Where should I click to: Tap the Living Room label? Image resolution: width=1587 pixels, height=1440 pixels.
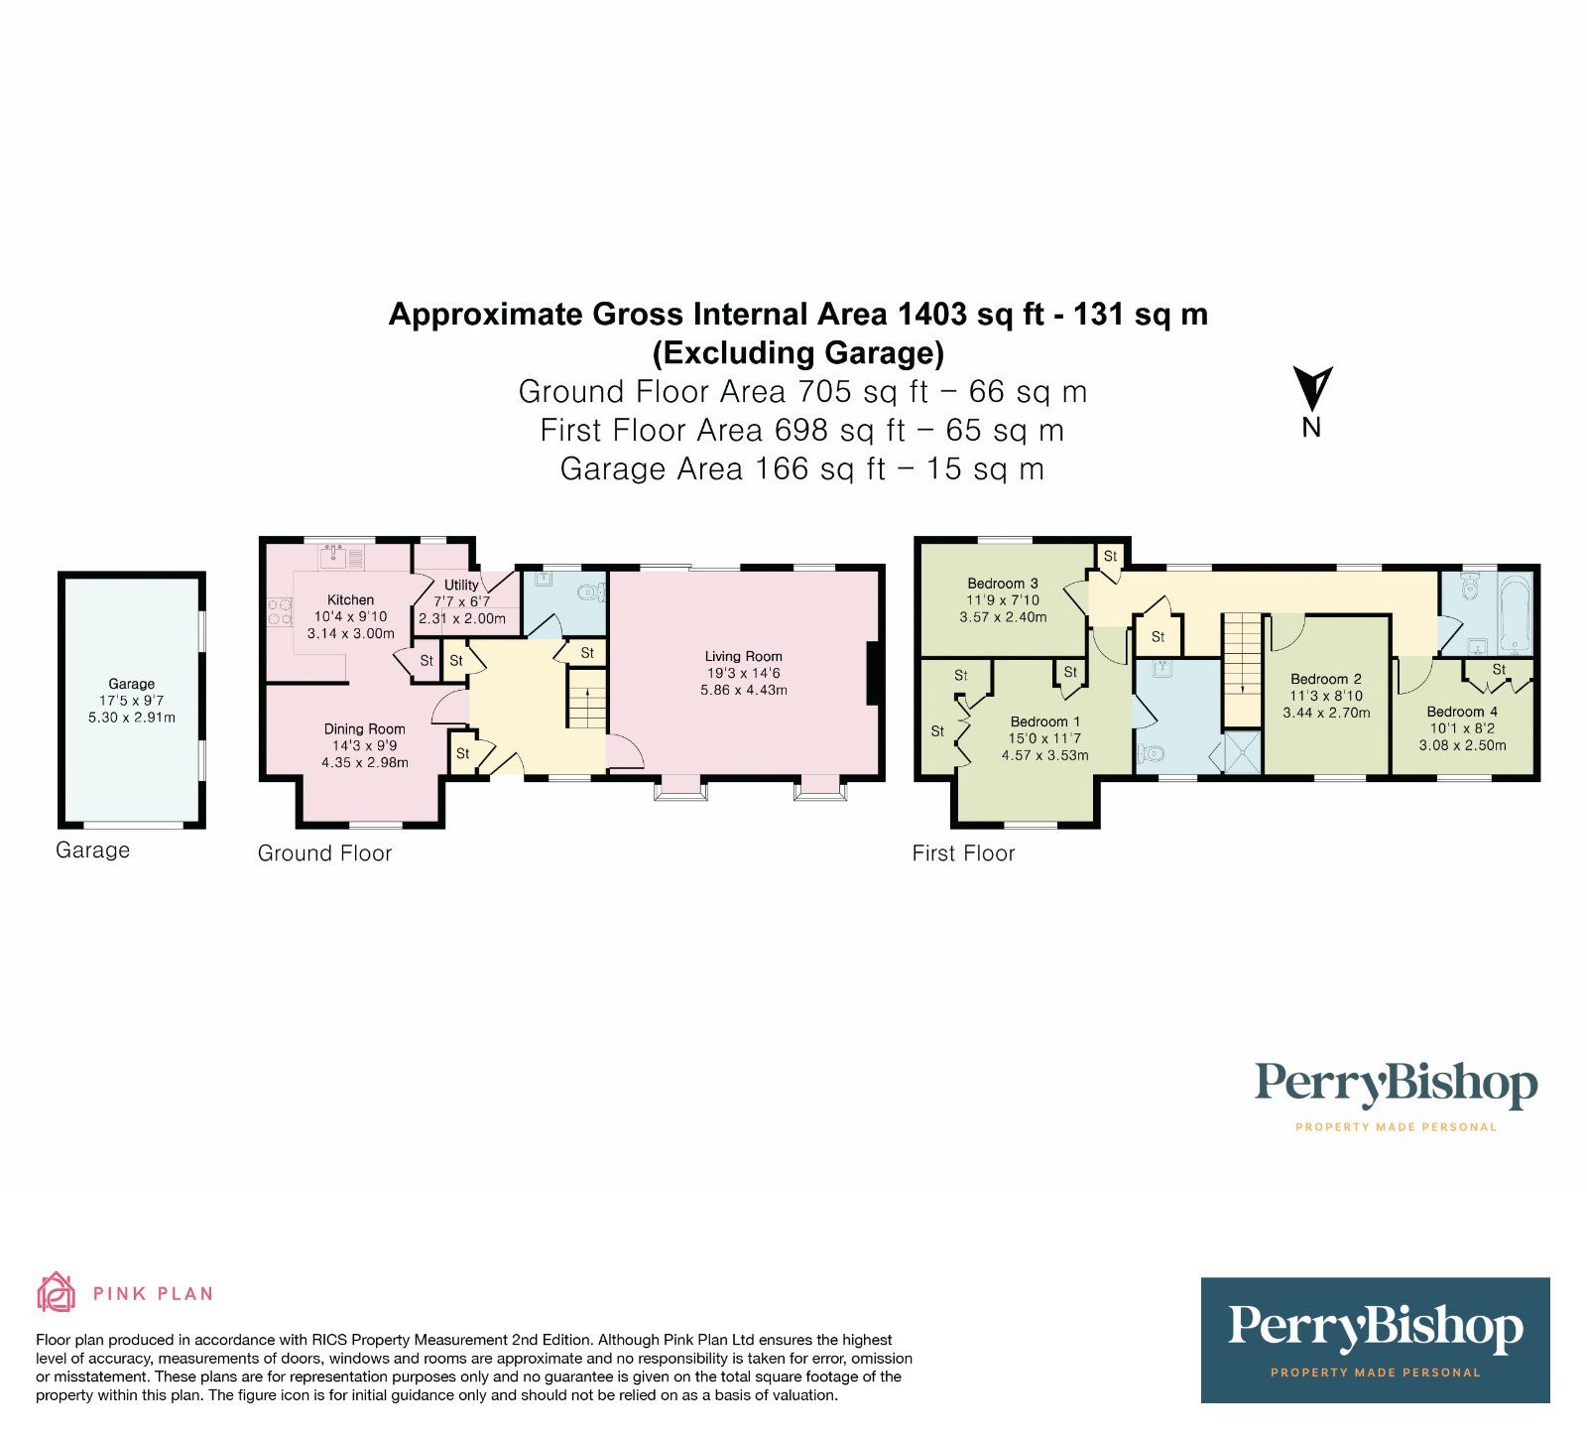743,656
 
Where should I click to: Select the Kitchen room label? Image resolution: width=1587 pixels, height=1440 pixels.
350,599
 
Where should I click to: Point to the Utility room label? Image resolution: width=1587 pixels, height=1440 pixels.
461,585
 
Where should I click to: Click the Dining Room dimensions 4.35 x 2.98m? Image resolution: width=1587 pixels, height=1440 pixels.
364,762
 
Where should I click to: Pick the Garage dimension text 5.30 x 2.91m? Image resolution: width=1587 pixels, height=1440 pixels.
131,717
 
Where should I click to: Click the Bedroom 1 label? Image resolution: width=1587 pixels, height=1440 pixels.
1044,721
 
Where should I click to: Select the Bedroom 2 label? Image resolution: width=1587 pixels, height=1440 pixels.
1325,679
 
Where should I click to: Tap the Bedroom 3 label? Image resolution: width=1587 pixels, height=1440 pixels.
1002,584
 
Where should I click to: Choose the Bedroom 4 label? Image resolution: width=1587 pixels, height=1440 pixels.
1461,712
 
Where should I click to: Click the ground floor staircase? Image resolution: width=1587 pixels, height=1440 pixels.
588,701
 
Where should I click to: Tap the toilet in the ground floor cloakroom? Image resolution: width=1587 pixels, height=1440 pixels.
590,593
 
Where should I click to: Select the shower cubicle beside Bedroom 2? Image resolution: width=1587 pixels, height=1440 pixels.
1243,751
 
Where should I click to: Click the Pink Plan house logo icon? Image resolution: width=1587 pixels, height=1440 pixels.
56,1292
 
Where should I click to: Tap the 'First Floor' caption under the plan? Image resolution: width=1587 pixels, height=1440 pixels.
963,853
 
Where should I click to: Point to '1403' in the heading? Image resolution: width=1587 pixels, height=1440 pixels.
931,315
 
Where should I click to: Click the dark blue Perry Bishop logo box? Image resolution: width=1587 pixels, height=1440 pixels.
1374,1340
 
